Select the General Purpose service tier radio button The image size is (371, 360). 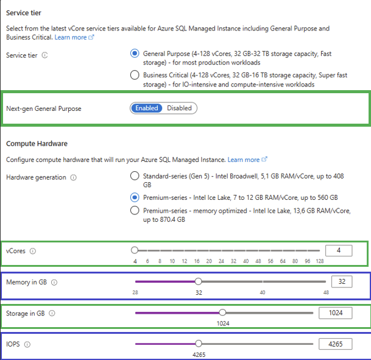click(135, 54)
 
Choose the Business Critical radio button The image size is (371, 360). click(135, 75)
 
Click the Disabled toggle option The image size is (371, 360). click(179, 108)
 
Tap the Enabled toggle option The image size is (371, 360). click(146, 108)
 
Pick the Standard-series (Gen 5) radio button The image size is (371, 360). click(135, 176)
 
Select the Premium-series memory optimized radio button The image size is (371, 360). click(135, 210)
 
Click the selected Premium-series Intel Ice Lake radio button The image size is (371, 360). click(135, 197)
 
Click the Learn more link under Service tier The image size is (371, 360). click(74, 37)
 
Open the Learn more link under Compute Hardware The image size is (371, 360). click(247, 160)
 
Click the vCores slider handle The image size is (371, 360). click(135, 250)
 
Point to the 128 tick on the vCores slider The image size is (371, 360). click(320, 261)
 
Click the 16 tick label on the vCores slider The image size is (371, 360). click(197, 261)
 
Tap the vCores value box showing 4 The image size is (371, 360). click(339, 250)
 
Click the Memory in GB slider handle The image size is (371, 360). click(198, 281)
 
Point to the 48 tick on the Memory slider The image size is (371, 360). click(326, 292)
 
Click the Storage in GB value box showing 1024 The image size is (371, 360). click(335, 313)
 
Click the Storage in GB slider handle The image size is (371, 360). click(222, 312)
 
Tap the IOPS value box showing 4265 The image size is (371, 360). click(335, 344)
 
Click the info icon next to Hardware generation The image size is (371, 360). click(73, 177)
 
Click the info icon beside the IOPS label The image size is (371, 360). click(27, 345)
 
